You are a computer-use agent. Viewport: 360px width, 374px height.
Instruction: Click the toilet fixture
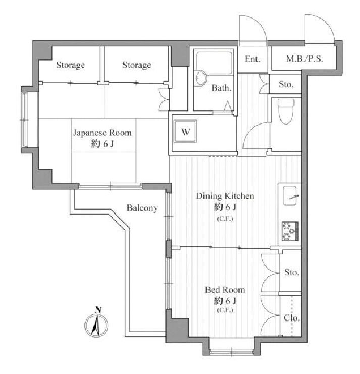(286, 111)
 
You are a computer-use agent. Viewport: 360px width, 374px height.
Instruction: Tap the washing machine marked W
(185, 131)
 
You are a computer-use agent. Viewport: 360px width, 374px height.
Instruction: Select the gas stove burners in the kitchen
(290, 231)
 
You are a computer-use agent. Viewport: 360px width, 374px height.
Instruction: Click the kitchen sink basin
(290, 196)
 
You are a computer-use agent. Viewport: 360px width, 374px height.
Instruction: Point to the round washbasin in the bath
(200, 78)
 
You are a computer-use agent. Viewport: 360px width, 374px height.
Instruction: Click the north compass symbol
(96, 325)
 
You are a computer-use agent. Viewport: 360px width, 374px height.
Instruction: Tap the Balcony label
(142, 208)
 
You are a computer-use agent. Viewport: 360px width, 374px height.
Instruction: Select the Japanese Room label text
(102, 133)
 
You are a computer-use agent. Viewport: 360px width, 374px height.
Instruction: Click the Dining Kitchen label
(225, 196)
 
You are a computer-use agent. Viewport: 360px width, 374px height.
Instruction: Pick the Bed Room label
(225, 290)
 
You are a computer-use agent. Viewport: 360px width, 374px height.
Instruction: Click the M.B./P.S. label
(304, 59)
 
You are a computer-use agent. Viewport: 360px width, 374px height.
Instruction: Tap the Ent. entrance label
(252, 59)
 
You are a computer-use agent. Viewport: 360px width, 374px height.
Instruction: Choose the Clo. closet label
(292, 318)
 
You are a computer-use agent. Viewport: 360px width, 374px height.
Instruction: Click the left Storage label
(71, 65)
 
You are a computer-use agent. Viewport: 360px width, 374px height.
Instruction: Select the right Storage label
(137, 65)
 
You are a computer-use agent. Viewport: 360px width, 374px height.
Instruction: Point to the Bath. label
(221, 88)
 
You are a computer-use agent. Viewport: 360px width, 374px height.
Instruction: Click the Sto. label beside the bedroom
(291, 272)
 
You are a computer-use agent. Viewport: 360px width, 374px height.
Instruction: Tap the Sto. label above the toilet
(286, 84)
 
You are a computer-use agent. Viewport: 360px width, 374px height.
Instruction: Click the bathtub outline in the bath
(214, 63)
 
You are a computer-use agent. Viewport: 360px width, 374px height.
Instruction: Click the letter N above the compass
(98, 310)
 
